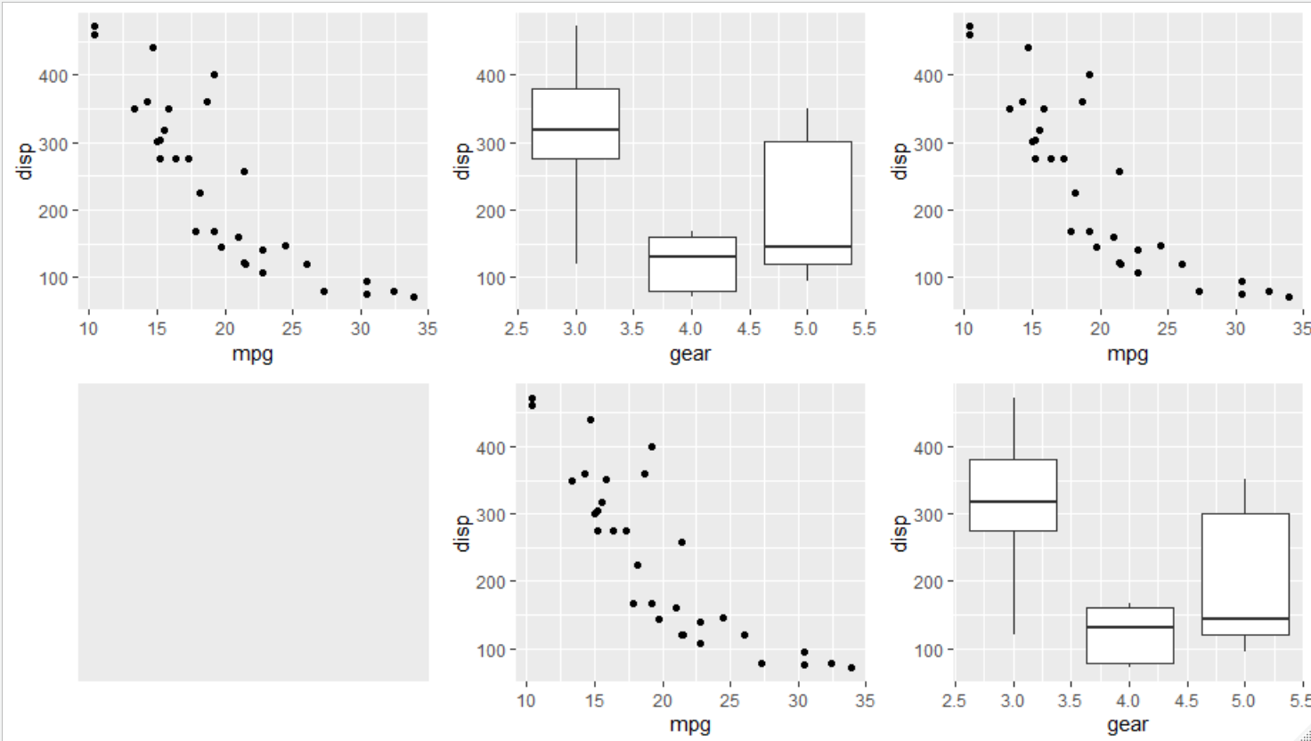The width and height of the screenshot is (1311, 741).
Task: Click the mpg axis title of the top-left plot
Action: click(x=252, y=354)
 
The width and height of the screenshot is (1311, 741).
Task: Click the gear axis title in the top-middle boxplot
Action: click(x=690, y=354)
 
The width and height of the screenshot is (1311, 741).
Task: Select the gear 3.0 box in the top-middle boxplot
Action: click(x=575, y=124)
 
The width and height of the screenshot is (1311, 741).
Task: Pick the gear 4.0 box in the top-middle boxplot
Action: click(x=692, y=264)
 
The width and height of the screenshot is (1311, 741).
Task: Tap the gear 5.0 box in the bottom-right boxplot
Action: click(x=1244, y=574)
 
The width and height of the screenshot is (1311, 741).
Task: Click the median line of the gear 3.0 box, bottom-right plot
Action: click(x=1013, y=501)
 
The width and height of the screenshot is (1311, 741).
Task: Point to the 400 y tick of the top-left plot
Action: click(x=53, y=77)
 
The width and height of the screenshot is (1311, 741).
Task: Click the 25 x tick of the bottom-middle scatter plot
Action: click(x=729, y=701)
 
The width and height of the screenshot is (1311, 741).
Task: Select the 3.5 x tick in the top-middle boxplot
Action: click(x=632, y=330)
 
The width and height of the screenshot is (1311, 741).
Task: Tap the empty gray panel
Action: click(x=253, y=532)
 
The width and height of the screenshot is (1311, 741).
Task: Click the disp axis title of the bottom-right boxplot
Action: click(x=900, y=533)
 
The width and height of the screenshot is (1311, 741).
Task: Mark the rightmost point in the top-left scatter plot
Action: click(x=413, y=297)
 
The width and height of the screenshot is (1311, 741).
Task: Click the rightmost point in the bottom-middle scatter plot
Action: click(x=851, y=668)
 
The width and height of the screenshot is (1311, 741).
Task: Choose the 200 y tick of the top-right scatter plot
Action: click(x=928, y=211)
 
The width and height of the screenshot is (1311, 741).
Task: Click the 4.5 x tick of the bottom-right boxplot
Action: click(x=1186, y=701)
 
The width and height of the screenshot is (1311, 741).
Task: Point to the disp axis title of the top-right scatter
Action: click(x=900, y=161)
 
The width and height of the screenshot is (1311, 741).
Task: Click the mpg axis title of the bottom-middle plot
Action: click(x=690, y=725)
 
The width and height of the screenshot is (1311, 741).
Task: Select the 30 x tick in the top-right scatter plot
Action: click(x=1235, y=330)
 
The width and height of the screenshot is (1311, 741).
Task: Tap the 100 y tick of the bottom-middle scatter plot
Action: click(x=491, y=650)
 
